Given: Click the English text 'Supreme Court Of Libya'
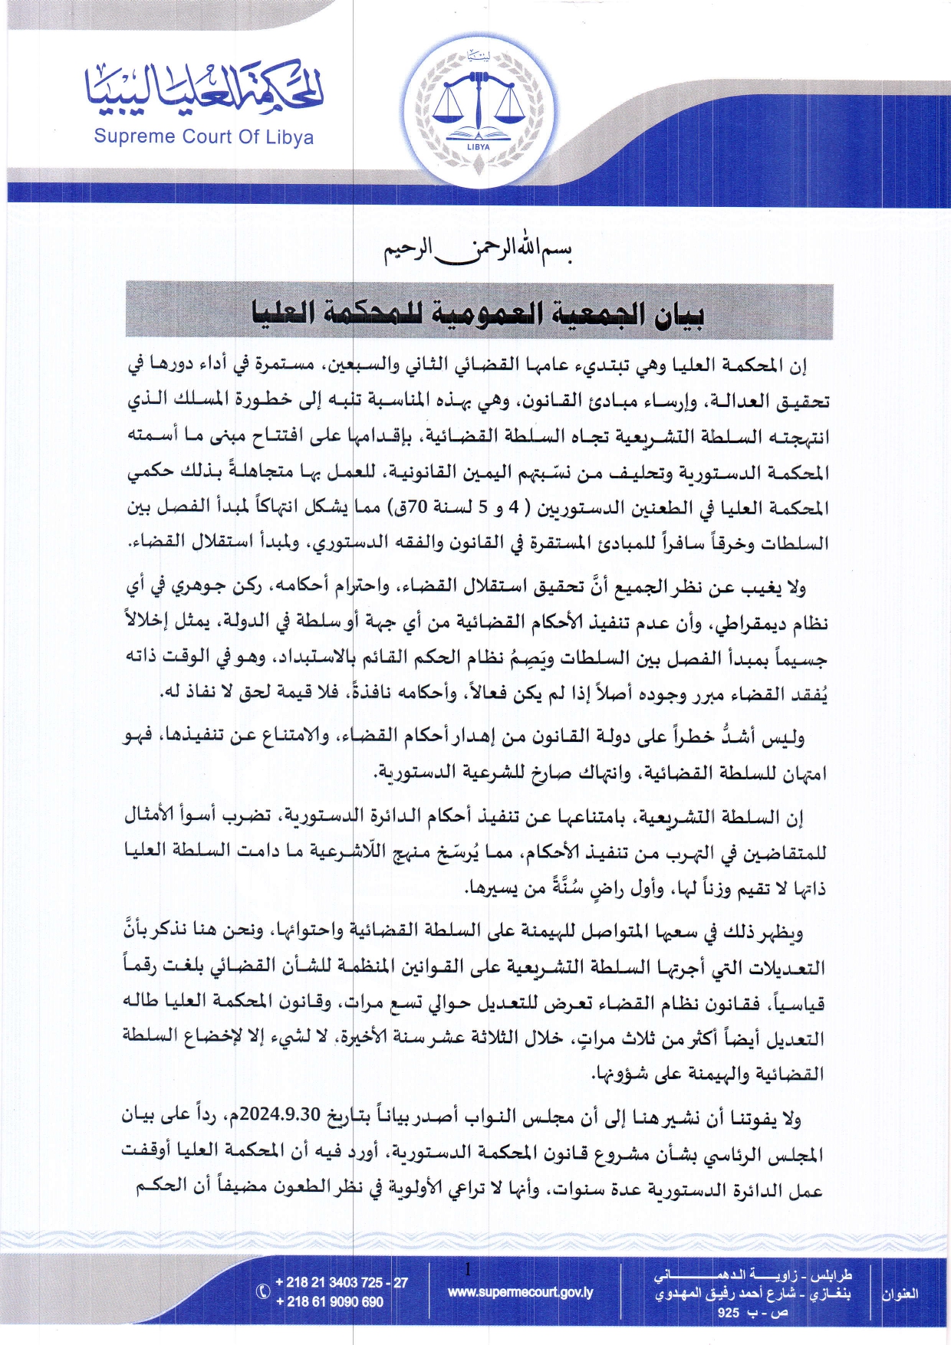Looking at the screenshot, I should tap(203, 137).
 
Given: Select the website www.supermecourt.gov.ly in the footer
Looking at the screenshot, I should tap(521, 1292).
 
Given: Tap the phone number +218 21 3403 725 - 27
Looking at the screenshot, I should tap(341, 1282).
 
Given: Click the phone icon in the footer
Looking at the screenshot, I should tap(262, 1291).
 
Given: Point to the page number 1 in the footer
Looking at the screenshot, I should tap(468, 1270).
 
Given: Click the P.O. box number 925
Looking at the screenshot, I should tap(729, 1313).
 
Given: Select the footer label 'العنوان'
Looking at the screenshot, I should tap(900, 1294).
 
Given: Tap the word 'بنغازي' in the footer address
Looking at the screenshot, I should tap(830, 1294).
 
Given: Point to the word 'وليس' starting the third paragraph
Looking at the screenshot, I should tap(785, 737).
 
